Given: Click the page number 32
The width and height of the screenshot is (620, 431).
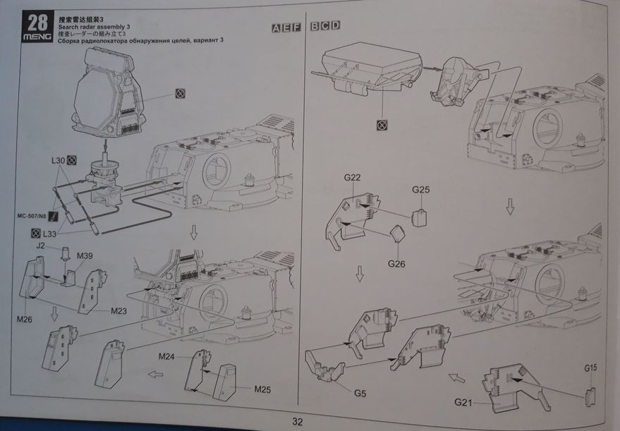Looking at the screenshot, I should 297,422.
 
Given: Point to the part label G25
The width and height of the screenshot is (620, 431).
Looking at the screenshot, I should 420,190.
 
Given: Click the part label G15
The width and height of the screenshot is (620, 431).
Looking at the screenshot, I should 591,368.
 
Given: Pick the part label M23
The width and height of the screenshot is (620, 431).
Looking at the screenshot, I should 118,310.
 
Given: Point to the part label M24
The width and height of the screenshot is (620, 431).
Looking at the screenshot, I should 166,356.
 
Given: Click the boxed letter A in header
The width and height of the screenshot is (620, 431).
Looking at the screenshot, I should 276,28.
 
